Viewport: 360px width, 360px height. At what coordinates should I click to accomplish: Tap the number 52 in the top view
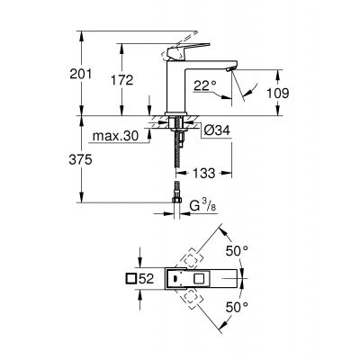pyautogui.click(x=148, y=280)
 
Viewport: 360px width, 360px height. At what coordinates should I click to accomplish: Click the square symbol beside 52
pyautogui.click(x=130, y=280)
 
